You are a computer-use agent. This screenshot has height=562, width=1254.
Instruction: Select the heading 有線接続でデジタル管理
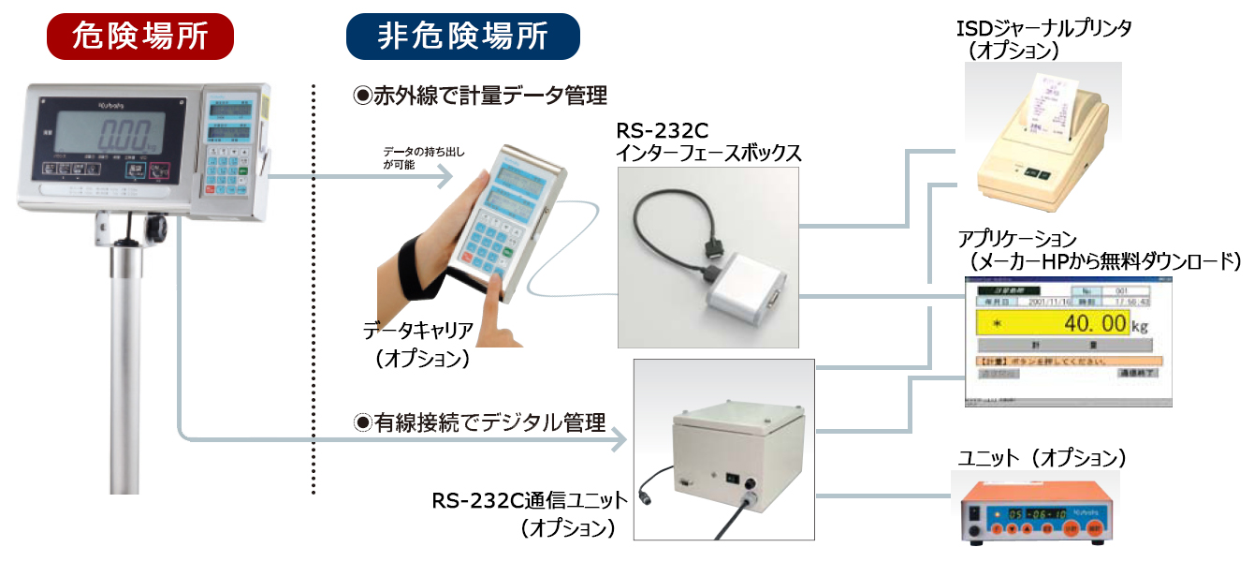479,422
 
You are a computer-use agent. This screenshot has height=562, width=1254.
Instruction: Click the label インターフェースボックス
708,152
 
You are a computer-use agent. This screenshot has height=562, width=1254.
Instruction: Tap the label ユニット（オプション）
1042,458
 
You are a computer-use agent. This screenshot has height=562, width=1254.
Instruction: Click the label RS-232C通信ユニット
523,502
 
